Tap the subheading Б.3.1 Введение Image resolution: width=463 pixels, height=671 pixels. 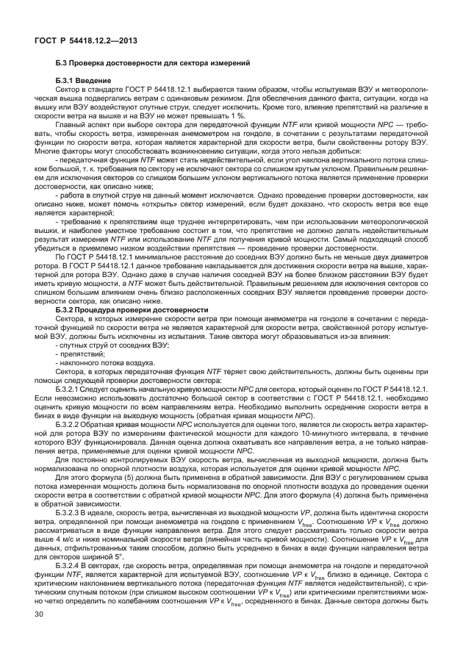83,79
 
